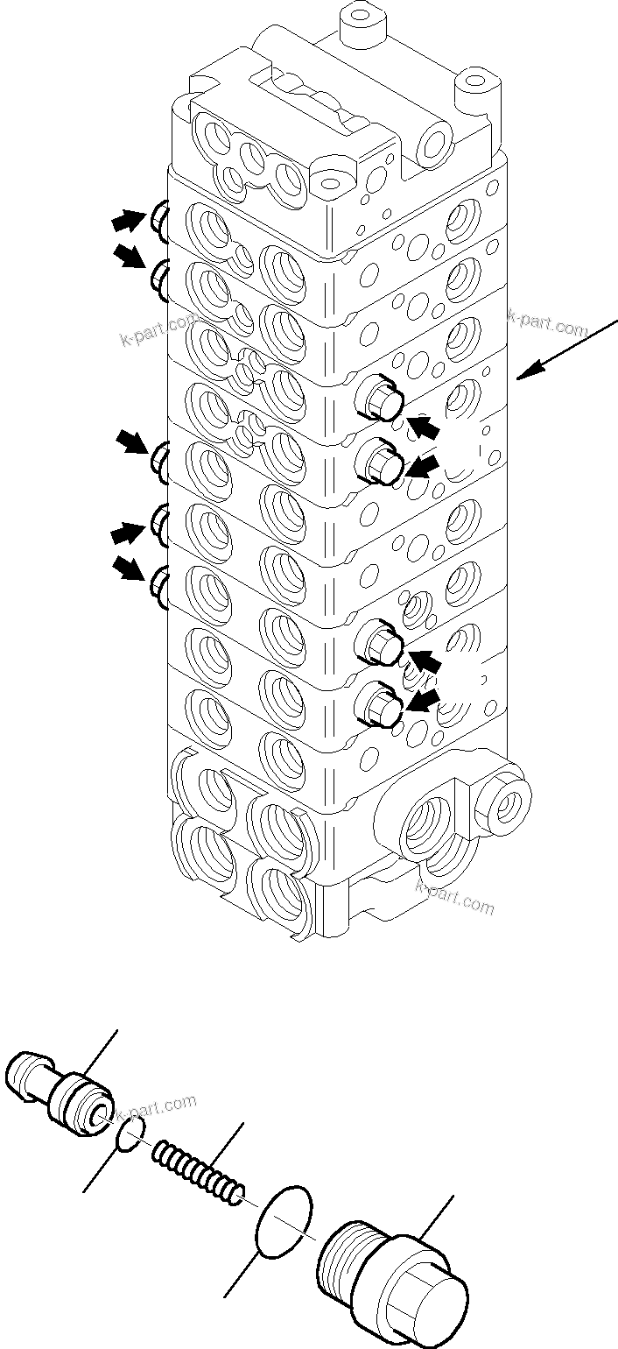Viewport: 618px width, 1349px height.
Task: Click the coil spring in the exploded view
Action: click(200, 1170)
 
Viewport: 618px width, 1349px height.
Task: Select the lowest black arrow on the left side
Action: click(130, 572)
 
